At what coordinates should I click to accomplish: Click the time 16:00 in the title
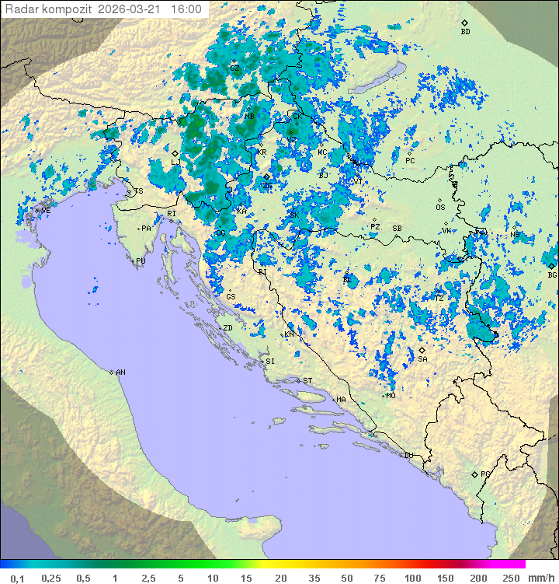click(186, 9)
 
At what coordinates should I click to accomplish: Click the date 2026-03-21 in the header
click(131, 9)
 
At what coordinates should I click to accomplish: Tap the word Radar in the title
click(19, 9)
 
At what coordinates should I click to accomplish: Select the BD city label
click(465, 32)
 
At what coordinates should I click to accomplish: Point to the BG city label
click(552, 275)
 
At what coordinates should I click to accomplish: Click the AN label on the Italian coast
click(120, 372)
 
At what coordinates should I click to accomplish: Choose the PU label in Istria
click(141, 261)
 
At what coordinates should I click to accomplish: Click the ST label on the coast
click(307, 380)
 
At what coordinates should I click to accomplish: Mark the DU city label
click(408, 456)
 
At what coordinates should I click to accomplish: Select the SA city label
click(422, 359)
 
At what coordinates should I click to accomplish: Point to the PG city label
click(485, 474)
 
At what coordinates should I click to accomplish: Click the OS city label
click(440, 208)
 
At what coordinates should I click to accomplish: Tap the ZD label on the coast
click(227, 328)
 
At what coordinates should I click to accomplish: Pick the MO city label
click(391, 395)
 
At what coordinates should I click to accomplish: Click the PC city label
click(410, 160)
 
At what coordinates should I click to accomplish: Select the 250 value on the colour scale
click(510, 578)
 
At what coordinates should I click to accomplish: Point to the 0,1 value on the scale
click(17, 578)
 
